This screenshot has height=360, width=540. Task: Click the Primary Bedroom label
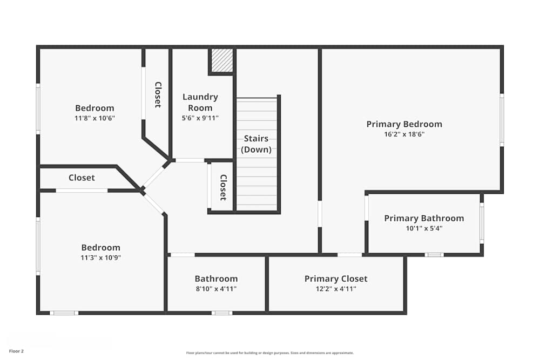tap(404, 124)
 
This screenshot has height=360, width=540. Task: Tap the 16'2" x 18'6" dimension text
tap(404, 134)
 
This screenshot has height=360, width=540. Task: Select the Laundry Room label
tap(200, 102)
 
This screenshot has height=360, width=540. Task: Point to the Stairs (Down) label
tap(256, 144)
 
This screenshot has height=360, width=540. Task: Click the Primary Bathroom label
tap(424, 218)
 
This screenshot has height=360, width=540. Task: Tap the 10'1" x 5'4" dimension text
tap(424, 228)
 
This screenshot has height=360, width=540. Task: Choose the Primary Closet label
tap(336, 279)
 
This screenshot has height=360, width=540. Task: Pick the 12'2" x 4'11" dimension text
tap(336, 289)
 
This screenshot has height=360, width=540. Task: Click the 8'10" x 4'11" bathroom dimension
tap(216, 289)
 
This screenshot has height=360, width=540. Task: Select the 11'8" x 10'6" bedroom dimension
tap(94, 118)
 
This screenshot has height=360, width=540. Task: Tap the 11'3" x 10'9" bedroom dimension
tap(100, 257)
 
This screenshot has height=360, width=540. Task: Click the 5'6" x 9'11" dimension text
tap(200, 118)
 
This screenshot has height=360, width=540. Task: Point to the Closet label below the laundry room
tap(222, 187)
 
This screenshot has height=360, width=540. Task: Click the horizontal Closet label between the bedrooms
tap(82, 178)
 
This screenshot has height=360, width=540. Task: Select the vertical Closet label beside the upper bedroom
tap(158, 94)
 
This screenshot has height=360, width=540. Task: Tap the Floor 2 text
tap(16, 351)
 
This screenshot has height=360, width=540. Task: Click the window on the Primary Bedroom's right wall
tap(502, 120)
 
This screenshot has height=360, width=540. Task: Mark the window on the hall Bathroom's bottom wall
tap(221, 313)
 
